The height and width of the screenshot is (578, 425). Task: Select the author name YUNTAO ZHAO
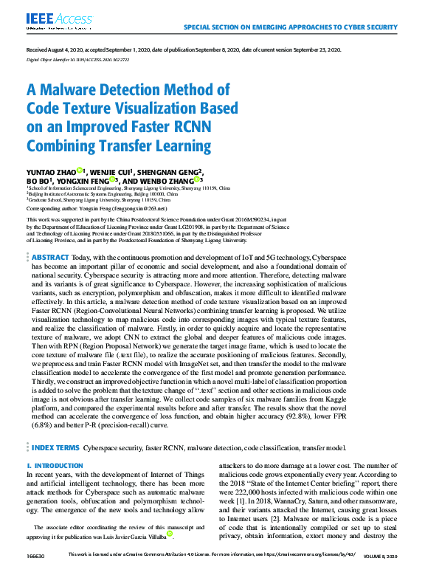[50, 171]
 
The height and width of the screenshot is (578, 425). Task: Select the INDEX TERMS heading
[55, 447]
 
